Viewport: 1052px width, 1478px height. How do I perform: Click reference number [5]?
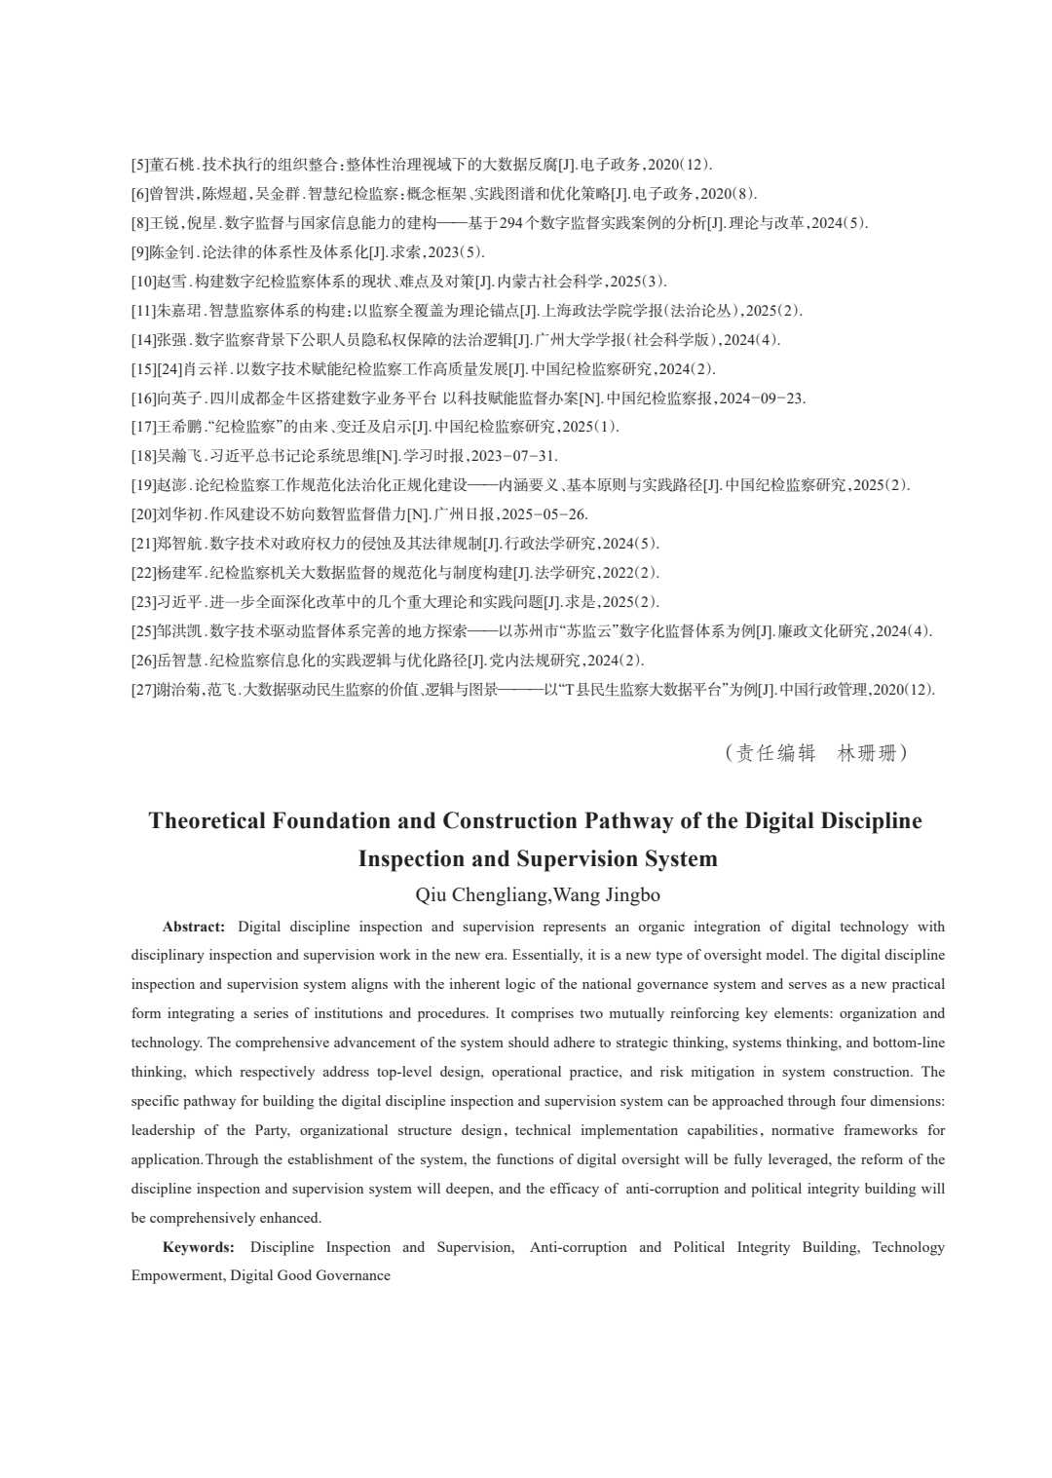coord(140,165)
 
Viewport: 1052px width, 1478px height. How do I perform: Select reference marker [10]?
coord(144,282)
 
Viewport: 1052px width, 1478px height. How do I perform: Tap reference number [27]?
coord(144,690)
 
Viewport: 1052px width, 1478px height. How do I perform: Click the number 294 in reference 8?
coord(511,223)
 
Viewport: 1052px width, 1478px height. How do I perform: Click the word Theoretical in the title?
coord(207,821)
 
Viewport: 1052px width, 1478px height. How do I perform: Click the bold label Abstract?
coord(194,927)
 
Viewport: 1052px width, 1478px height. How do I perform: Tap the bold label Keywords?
coord(199,1247)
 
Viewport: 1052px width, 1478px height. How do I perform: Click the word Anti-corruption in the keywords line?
coord(579,1247)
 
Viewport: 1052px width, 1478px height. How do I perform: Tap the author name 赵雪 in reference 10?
coord(172,282)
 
